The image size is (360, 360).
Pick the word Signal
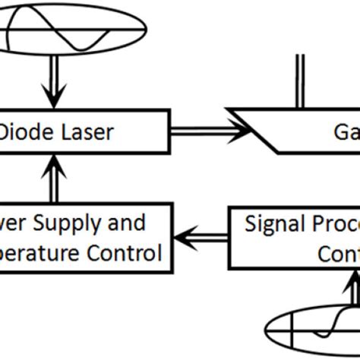click(275, 224)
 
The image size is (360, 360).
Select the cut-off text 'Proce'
click(334, 224)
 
